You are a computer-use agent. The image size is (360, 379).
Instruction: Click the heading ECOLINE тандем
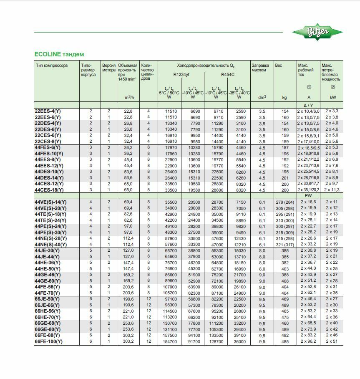coord(59,54)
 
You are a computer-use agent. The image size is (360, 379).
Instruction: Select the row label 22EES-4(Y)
coord(48,111)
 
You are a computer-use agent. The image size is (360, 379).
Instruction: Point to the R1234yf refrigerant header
coord(181,74)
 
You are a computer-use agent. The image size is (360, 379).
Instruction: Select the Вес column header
coord(279,66)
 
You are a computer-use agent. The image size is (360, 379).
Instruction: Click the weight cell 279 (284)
coord(284,202)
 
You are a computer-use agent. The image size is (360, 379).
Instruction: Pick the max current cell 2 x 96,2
coord(308,341)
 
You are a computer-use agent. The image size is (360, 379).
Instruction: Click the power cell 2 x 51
coord(332,341)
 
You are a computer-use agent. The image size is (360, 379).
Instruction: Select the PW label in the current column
coord(308,196)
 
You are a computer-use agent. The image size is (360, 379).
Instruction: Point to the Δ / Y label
coord(308,105)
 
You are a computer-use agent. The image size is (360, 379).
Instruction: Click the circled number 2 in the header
coord(332,87)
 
